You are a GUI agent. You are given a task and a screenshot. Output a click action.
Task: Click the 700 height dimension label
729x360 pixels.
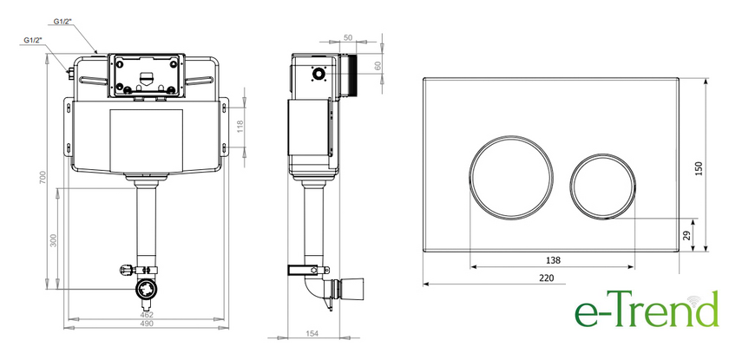(x=43, y=178)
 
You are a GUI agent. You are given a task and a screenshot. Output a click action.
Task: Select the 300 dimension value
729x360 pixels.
(x=54, y=240)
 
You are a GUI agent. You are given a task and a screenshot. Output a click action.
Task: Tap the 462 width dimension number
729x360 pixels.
(x=147, y=315)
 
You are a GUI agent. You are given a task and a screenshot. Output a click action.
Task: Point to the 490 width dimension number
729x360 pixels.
(x=147, y=324)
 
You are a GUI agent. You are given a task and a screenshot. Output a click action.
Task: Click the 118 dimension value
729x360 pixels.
(x=240, y=127)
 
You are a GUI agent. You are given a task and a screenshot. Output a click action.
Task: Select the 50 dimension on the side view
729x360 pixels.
(x=348, y=38)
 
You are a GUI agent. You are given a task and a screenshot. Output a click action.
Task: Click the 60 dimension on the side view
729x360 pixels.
(x=377, y=67)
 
